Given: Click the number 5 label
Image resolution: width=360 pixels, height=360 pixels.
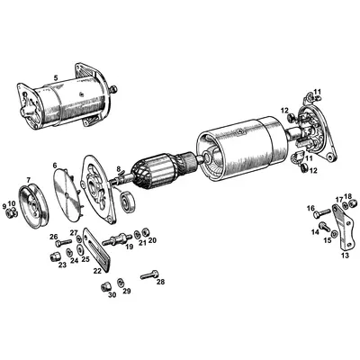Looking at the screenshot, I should pyautogui.click(x=55, y=79).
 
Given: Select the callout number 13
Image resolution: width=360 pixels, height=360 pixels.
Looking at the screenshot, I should pyautogui.click(x=345, y=255).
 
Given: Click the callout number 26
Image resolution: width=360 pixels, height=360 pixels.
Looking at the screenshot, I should pyautogui.click(x=54, y=237).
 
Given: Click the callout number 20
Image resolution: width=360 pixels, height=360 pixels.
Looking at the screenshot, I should pyautogui.click(x=153, y=240).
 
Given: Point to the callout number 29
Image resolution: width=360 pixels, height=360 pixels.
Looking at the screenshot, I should pyautogui.click(x=127, y=292).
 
